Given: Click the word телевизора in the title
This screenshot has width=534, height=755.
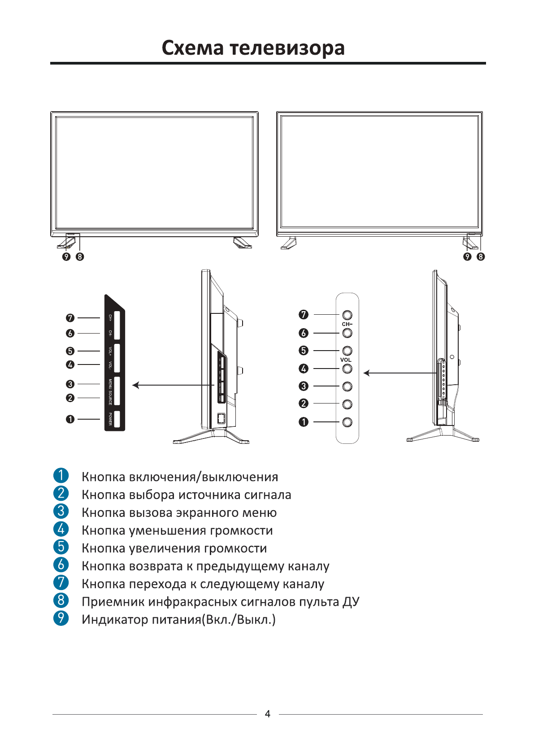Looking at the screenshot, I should [x=287, y=48].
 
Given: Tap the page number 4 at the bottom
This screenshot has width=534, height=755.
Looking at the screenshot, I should [x=268, y=714].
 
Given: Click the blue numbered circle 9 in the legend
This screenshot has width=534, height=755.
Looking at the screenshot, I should [x=61, y=618].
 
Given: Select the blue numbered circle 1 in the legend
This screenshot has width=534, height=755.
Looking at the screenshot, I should [x=61, y=475].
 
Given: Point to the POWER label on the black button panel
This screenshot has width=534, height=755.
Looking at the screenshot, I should [x=110, y=419].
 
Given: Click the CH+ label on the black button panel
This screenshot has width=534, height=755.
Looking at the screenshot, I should [x=110, y=317].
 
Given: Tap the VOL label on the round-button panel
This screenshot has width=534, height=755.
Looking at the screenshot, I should [x=346, y=360].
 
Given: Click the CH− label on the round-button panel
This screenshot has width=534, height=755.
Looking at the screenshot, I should [x=347, y=324].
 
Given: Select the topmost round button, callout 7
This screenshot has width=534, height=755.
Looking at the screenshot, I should [x=347, y=315].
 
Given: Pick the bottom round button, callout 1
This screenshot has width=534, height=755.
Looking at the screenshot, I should [x=347, y=422].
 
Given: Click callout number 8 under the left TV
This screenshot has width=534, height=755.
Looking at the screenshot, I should [x=80, y=256].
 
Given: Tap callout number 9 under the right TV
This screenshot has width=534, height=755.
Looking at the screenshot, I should [x=468, y=256].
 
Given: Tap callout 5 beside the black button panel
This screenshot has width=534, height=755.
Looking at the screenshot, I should [x=70, y=351].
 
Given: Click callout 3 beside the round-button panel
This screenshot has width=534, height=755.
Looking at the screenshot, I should [x=304, y=386].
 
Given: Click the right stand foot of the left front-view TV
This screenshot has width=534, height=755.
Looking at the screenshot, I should [x=243, y=243].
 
